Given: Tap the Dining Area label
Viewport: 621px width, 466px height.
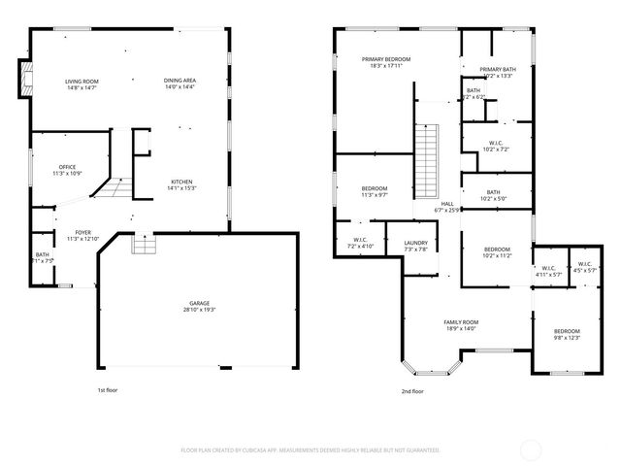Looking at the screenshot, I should pyautogui.click(x=180, y=82).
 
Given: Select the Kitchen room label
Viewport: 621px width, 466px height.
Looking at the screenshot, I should pyautogui.click(x=182, y=182).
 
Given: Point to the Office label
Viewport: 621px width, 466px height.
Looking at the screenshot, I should pyautogui.click(x=67, y=167).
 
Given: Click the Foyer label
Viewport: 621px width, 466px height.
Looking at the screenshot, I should pyautogui.click(x=82, y=232).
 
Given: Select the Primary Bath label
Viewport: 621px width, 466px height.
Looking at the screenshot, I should pyautogui.click(x=497, y=69).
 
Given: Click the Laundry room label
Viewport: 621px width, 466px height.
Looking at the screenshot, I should pyautogui.click(x=415, y=243).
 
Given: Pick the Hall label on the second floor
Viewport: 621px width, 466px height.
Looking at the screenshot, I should pyautogui.click(x=447, y=203).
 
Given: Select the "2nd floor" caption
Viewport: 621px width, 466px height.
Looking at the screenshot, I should pyautogui.click(x=411, y=391).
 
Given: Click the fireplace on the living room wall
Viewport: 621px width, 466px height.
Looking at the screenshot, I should pyautogui.click(x=22, y=80).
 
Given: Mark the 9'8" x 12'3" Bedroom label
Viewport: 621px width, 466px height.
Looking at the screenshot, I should pyautogui.click(x=567, y=331).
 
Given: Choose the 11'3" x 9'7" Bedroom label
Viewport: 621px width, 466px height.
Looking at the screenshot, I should pyautogui.click(x=375, y=188).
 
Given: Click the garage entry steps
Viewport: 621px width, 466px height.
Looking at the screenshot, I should pyautogui.click(x=143, y=243).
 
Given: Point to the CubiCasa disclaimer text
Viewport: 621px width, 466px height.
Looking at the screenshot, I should pyautogui.click(x=310, y=450).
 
